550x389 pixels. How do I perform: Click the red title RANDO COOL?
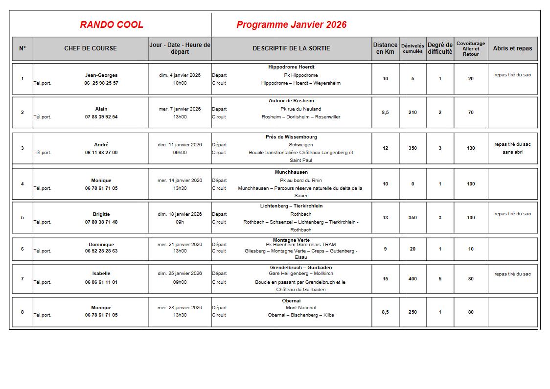[x=112, y=25]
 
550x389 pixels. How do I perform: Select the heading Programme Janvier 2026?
[x=291, y=25]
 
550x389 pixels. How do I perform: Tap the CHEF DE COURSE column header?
[x=91, y=48]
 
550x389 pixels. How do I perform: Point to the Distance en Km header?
[x=385, y=48]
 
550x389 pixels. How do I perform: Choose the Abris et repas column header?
[x=512, y=48]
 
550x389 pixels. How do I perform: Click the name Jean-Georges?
[x=101, y=75]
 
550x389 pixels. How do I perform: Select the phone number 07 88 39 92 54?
[x=101, y=117]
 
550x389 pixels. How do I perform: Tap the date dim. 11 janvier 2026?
[x=180, y=145]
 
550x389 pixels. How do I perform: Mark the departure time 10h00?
[x=180, y=83]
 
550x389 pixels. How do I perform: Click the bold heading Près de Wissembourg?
[x=291, y=137]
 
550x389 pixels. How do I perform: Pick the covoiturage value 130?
[x=471, y=148]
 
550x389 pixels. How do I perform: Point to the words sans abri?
[x=512, y=152]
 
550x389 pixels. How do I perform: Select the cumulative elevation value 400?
[x=412, y=279]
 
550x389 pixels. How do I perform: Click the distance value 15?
[x=385, y=279]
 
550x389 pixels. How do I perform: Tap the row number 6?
[x=23, y=249]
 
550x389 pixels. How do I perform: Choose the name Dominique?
[x=101, y=245]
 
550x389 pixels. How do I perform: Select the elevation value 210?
[x=412, y=113]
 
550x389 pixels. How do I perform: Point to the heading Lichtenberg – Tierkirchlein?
[x=291, y=206]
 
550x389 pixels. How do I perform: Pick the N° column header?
[x=23, y=48]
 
